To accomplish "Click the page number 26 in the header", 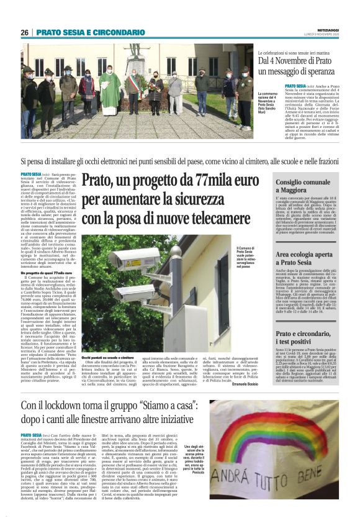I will tap(24, 32).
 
